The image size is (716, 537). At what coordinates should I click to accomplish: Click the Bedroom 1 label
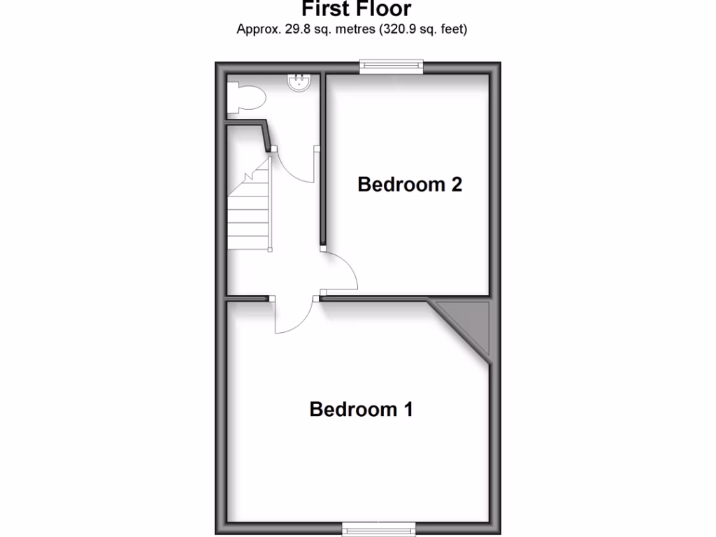pos(361,409)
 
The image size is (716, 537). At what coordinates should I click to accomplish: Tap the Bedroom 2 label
pos(410,185)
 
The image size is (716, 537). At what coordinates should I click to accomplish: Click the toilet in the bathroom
pos(246,98)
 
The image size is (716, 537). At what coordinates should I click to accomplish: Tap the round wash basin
pos(299,83)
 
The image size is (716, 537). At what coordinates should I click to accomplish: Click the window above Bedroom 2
pos(392,66)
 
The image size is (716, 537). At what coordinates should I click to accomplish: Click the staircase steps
pos(249,210)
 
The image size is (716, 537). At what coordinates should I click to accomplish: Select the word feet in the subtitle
pos(452,29)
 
